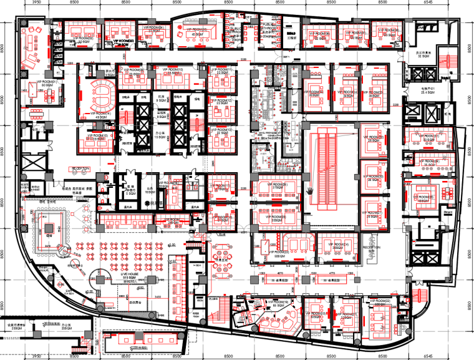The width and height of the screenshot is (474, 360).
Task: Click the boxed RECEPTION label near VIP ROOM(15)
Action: point(81,168)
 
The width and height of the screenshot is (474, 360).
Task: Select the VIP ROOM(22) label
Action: point(379,303)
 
